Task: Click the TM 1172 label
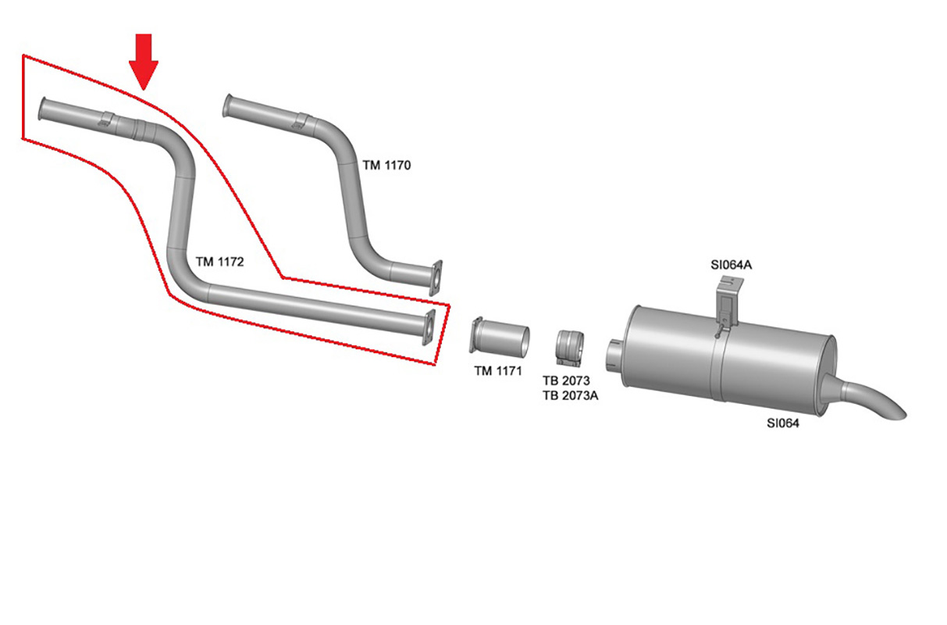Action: (219, 262)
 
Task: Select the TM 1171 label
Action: (497, 371)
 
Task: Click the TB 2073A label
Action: (570, 395)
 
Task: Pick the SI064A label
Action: (731, 266)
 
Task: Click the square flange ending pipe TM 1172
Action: (429, 327)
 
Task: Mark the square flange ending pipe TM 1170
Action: (436, 277)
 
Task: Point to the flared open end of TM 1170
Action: (227, 106)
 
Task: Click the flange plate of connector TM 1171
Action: (474, 335)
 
